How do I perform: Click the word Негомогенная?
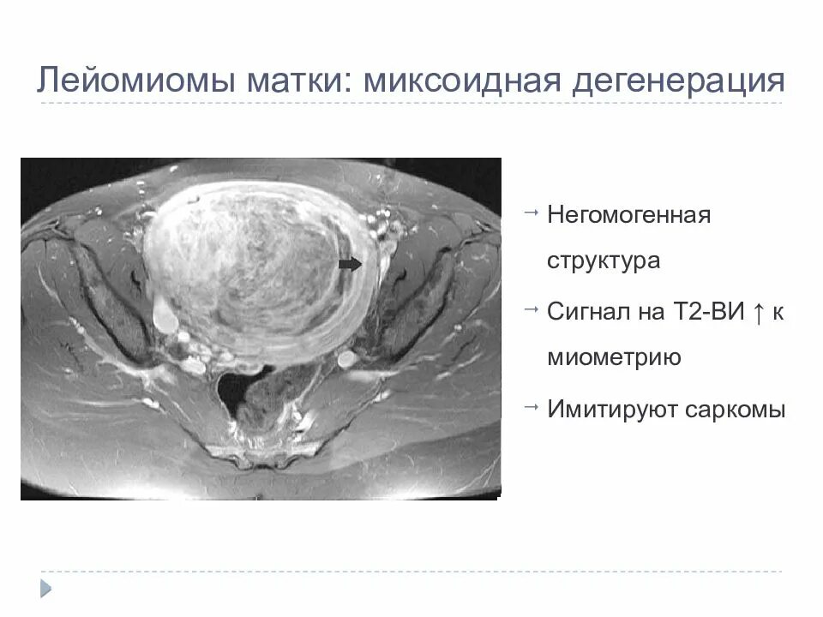click(x=629, y=213)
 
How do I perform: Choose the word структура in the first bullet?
click(x=604, y=261)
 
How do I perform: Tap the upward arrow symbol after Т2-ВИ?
click(x=758, y=311)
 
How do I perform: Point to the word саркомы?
click(x=735, y=410)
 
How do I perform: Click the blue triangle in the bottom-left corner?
click(x=46, y=588)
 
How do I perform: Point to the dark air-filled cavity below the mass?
click(x=231, y=390)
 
